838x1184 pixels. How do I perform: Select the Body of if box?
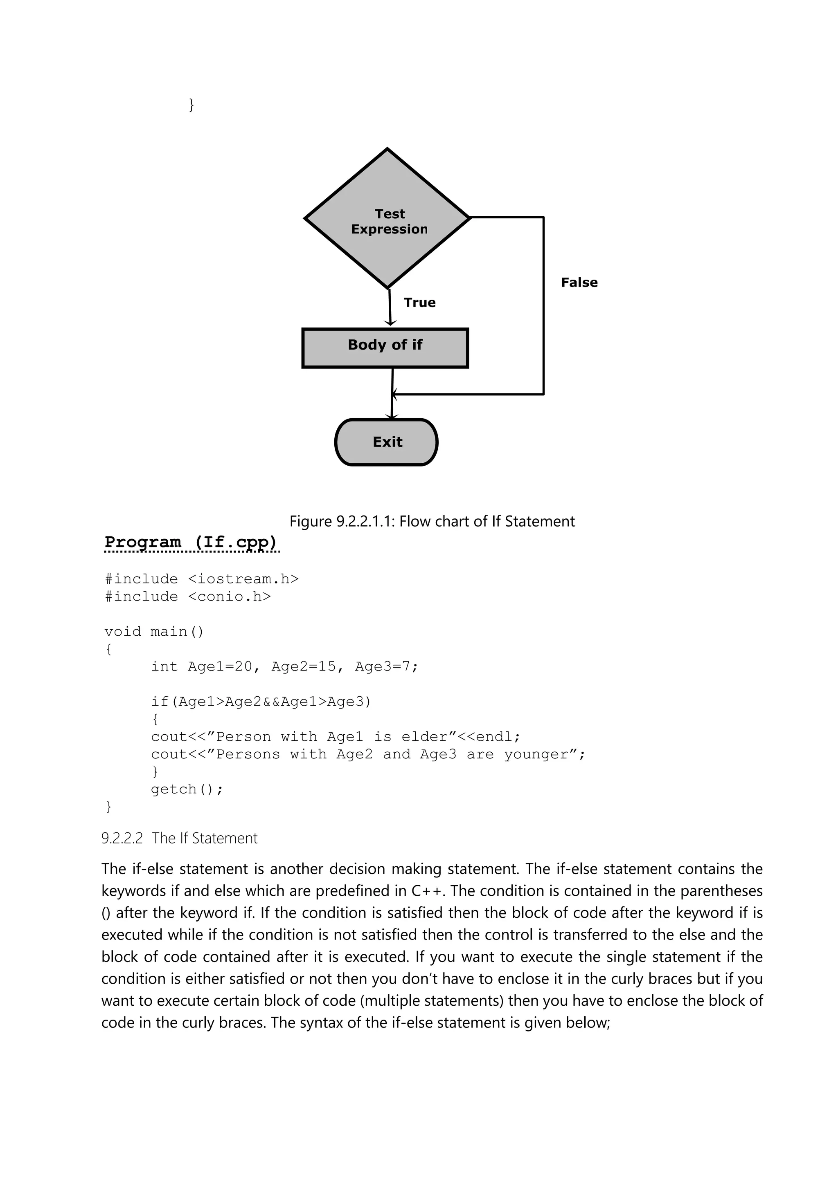click(385, 348)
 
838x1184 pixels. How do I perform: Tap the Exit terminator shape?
click(387, 442)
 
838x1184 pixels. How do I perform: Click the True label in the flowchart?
click(419, 303)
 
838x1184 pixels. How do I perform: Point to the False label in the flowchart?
click(579, 283)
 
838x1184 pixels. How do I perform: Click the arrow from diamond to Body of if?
click(390, 307)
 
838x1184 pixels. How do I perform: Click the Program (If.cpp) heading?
click(191, 542)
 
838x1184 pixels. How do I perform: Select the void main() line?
click(154, 632)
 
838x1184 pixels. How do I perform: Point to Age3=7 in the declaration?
click(386, 667)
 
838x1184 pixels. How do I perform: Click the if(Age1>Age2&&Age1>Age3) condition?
click(261, 702)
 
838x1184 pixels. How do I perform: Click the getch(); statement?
click(187, 789)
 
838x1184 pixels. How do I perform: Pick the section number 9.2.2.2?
click(122, 839)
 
